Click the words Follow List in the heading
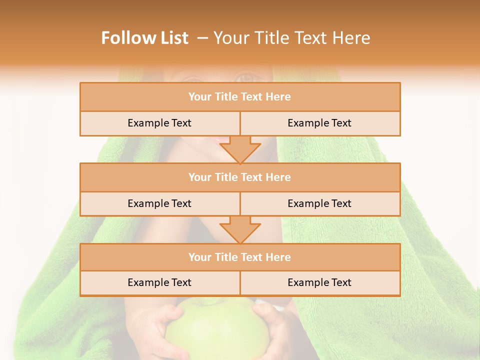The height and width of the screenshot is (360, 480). pos(144,38)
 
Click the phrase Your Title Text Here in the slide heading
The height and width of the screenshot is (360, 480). pos(291,38)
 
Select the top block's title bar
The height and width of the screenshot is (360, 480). pos(240,97)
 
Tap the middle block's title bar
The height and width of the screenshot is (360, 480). pos(240,177)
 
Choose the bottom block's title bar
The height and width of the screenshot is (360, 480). pos(240,257)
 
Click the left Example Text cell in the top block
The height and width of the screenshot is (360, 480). pos(159,123)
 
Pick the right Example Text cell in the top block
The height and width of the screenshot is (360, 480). pos(319,123)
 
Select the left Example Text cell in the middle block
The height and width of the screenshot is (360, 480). pos(159,203)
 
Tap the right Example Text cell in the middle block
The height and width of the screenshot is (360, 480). pos(319,203)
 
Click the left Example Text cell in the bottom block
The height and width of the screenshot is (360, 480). pos(159,282)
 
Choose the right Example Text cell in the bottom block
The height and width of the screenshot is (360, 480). pos(319,282)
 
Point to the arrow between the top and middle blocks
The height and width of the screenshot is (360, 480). pos(240,149)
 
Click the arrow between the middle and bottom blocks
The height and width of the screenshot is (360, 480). pos(240,229)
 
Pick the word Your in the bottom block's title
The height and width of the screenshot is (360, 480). pos(200,257)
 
